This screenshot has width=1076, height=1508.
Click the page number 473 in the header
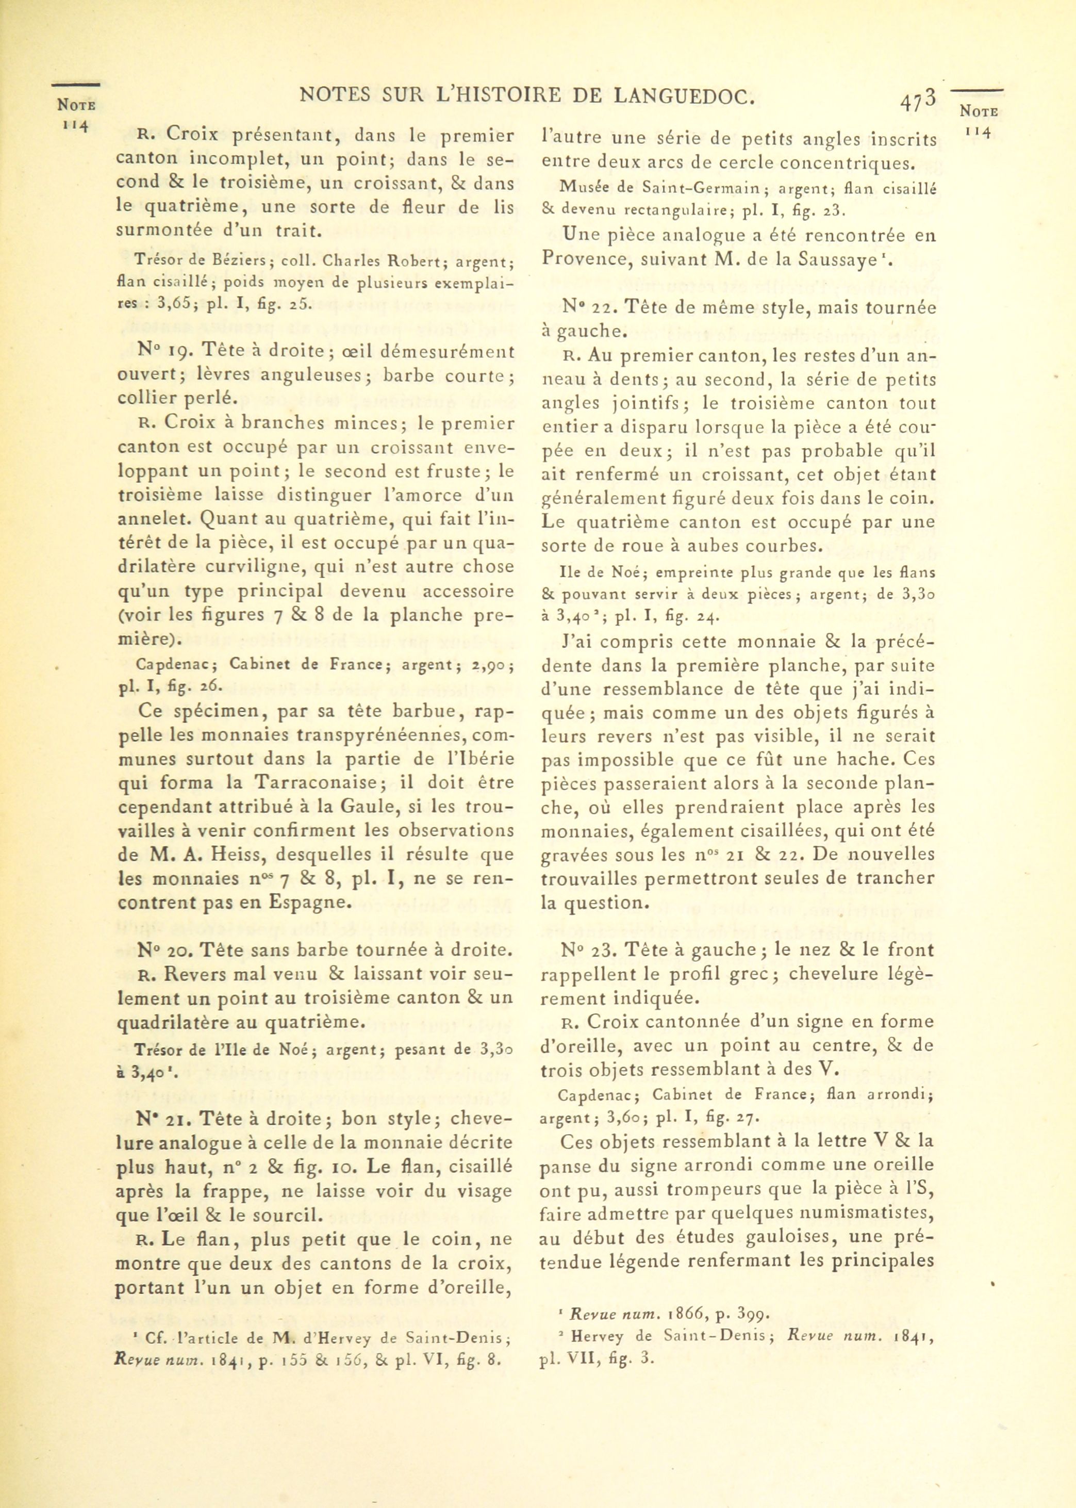918,102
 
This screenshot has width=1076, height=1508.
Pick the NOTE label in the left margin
76,105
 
